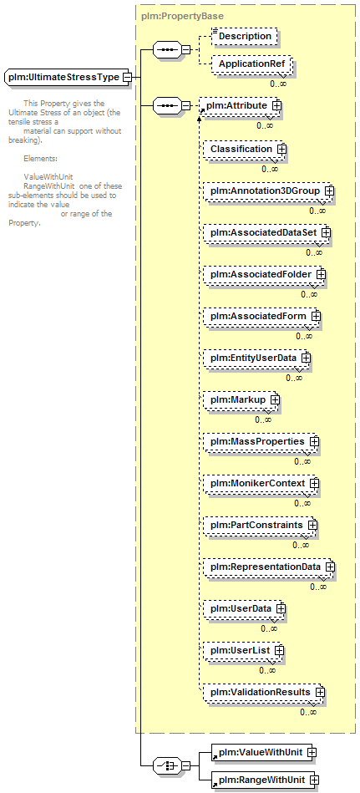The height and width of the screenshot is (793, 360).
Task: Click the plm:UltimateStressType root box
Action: pyautogui.click(x=68, y=78)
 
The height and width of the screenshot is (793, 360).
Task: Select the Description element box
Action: pyautogui.click(x=244, y=37)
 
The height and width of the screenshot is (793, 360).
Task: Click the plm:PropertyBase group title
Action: pyautogui.click(x=183, y=16)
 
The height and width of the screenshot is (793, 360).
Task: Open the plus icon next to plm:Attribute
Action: pyautogui.click(x=276, y=105)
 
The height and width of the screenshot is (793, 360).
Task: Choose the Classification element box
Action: pyautogui.click(x=244, y=150)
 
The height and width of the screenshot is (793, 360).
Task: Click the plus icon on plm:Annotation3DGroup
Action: pyautogui.click(x=330, y=191)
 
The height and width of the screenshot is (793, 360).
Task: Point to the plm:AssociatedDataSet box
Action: pyautogui.click(x=267, y=233)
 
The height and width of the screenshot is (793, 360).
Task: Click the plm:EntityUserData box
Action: pyautogui.click(x=257, y=358)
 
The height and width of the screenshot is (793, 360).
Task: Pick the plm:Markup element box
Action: pyautogui.click(x=241, y=400)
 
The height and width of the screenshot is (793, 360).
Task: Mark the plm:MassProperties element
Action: pyautogui.click(x=261, y=442)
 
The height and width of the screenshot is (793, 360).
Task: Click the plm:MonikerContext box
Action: pyautogui.click(x=261, y=484)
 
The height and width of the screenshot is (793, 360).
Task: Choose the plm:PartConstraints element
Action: pyautogui.click(x=261, y=526)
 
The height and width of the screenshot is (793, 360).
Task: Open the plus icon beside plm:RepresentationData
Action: pyautogui.click(x=330, y=567)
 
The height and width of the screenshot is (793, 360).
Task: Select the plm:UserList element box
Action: pyautogui.click(x=244, y=650)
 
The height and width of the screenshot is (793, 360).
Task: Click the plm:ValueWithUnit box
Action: pyautogui.click(x=264, y=753)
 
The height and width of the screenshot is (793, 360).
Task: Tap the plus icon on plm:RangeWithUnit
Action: pyautogui.click(x=315, y=780)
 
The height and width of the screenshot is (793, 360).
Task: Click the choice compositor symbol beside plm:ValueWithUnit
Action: pyautogui.click(x=167, y=766)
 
